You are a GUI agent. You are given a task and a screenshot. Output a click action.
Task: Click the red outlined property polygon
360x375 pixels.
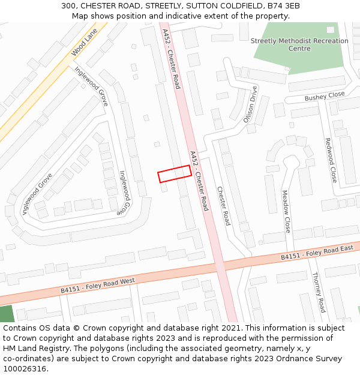point(175,173)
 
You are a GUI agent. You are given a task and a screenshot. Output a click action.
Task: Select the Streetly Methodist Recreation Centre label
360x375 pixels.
point(299,45)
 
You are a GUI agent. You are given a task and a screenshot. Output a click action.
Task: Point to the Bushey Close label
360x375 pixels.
point(325,96)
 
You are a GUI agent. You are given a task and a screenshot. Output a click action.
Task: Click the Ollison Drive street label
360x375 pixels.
point(250,104)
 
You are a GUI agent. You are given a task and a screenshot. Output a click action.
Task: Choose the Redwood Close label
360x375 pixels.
point(331,160)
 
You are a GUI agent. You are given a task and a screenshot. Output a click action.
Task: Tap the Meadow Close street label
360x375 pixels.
point(286,212)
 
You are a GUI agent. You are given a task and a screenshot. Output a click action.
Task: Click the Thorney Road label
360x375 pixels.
point(319,292)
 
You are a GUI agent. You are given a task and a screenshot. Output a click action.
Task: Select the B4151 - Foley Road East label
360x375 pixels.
point(319,253)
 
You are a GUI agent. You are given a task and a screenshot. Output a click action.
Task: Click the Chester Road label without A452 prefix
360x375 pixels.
point(223,206)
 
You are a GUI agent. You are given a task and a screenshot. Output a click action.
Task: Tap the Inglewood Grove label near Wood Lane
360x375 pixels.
point(91,86)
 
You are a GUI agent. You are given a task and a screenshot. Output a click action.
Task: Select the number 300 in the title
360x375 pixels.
point(68,6)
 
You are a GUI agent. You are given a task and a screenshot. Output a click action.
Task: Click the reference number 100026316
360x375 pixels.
point(25,368)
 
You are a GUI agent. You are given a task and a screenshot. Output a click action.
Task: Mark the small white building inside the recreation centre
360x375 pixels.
point(330,29)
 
